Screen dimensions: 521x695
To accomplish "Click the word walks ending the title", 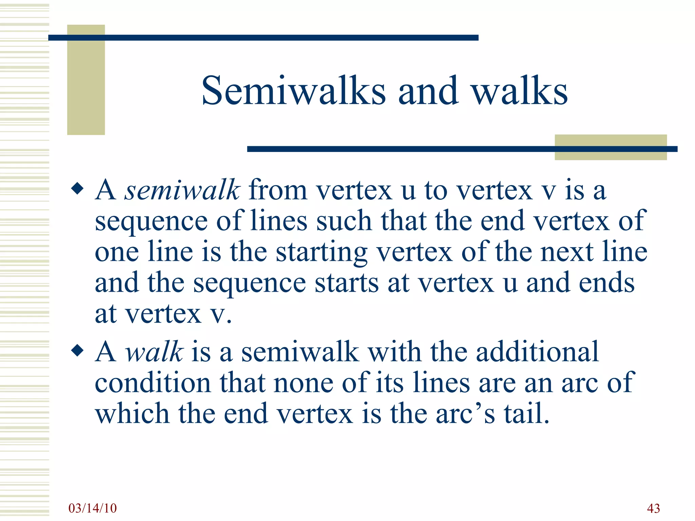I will (x=519, y=91).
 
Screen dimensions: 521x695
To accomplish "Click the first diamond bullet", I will (x=77, y=189).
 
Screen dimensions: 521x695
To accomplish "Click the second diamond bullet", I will (x=77, y=351).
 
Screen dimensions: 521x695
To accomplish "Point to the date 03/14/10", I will (x=92, y=508).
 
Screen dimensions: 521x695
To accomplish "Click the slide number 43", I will (x=653, y=508).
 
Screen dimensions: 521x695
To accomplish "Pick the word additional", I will (x=537, y=352).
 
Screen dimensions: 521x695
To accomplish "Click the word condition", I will (x=153, y=383).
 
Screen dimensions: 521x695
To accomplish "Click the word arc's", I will (x=465, y=414).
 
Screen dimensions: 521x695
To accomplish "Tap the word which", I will (x=132, y=414).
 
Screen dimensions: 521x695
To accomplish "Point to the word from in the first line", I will (x=278, y=190).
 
